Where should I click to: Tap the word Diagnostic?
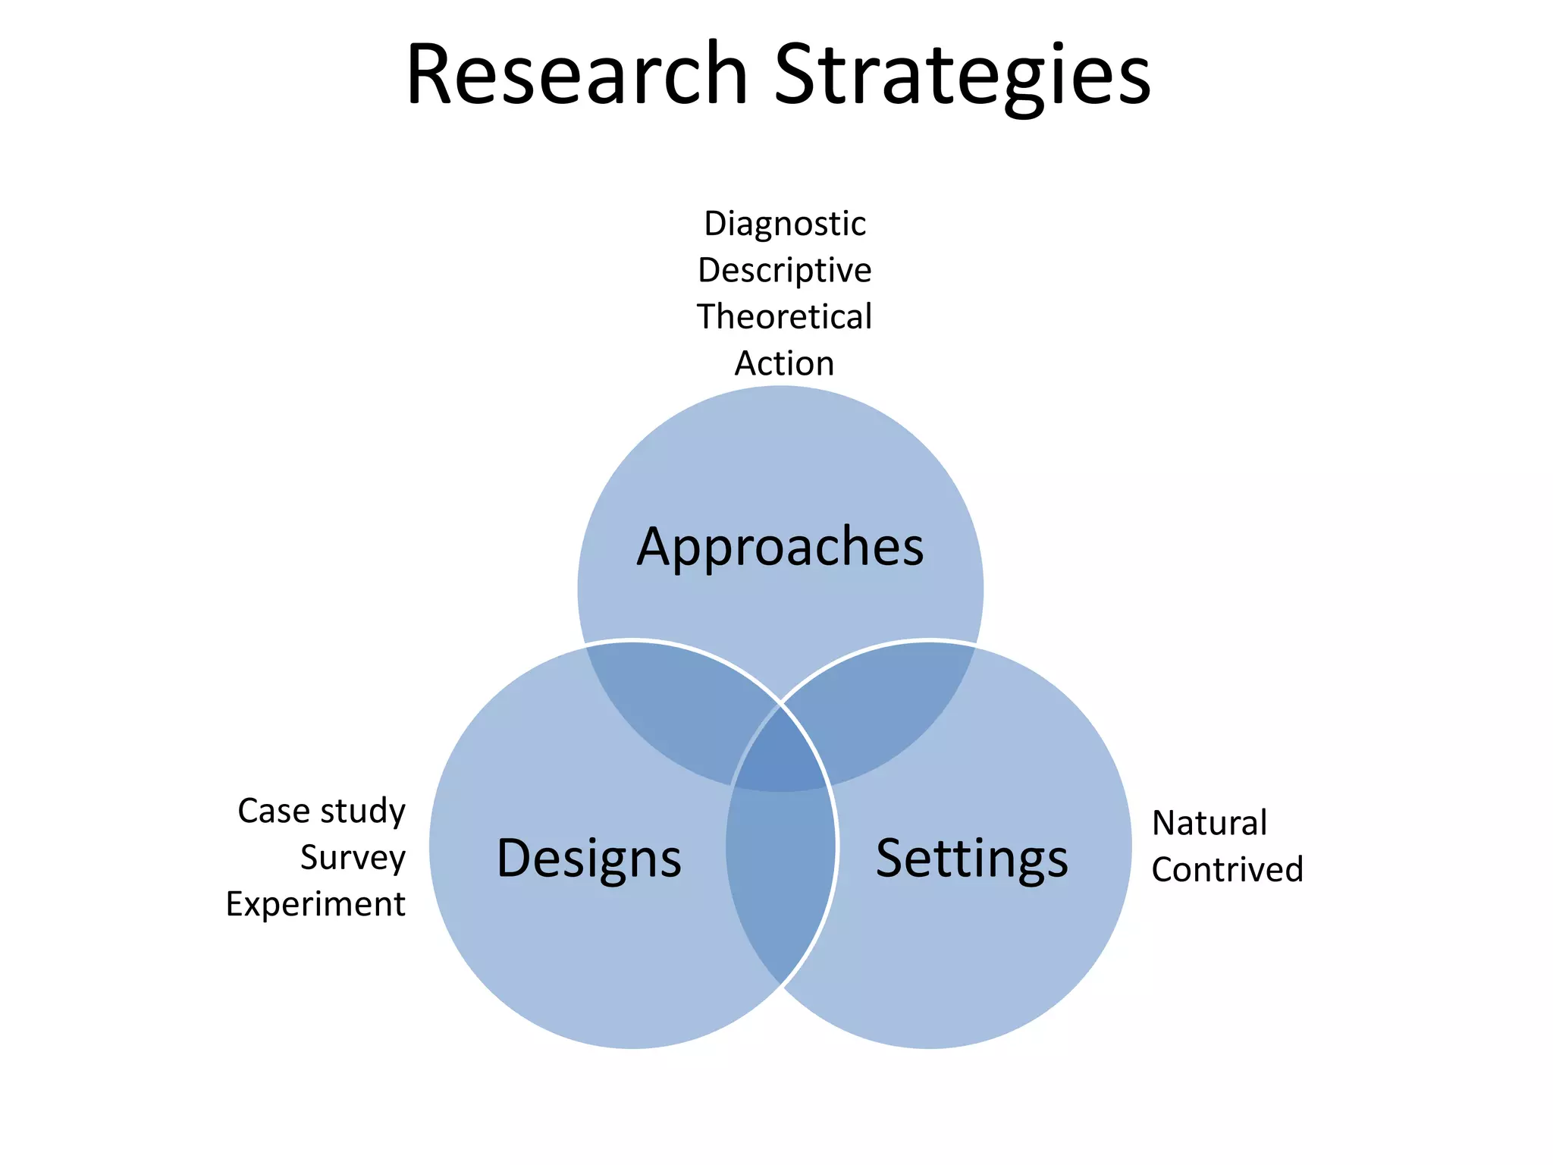coord(785,224)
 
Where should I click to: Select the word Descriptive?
coord(785,271)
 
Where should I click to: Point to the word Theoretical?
coord(785,317)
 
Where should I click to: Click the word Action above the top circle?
coord(785,363)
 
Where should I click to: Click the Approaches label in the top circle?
coord(780,547)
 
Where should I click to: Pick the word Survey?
coord(353,858)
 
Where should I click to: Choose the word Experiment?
coord(315,904)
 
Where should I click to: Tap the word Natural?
coord(1209,823)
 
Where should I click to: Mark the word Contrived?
coord(1227,870)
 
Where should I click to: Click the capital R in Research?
coord(429,74)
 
